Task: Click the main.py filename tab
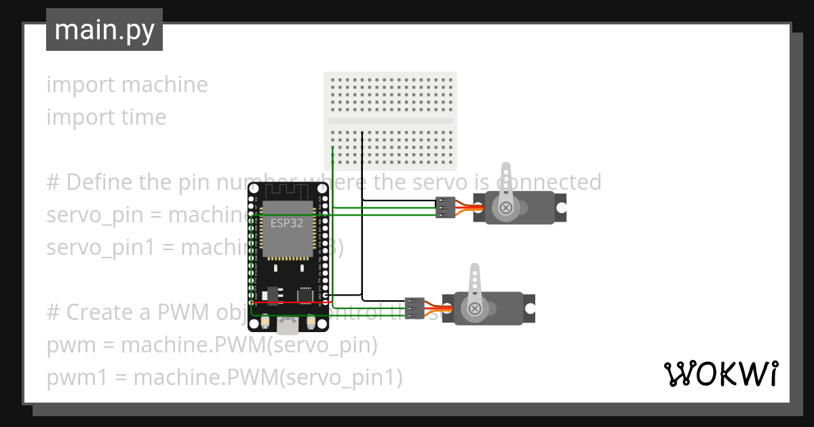104,30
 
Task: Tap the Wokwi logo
720,373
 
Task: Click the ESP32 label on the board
286,223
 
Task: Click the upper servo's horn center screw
505,208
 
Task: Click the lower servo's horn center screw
475,309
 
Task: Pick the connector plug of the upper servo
444,207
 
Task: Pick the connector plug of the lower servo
414,308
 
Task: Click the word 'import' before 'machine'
80,85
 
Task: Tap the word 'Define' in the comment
102,182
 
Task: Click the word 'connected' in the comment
549,182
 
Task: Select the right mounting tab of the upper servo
561,207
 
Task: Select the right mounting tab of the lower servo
530,308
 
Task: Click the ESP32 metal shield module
288,228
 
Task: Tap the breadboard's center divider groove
390,121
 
